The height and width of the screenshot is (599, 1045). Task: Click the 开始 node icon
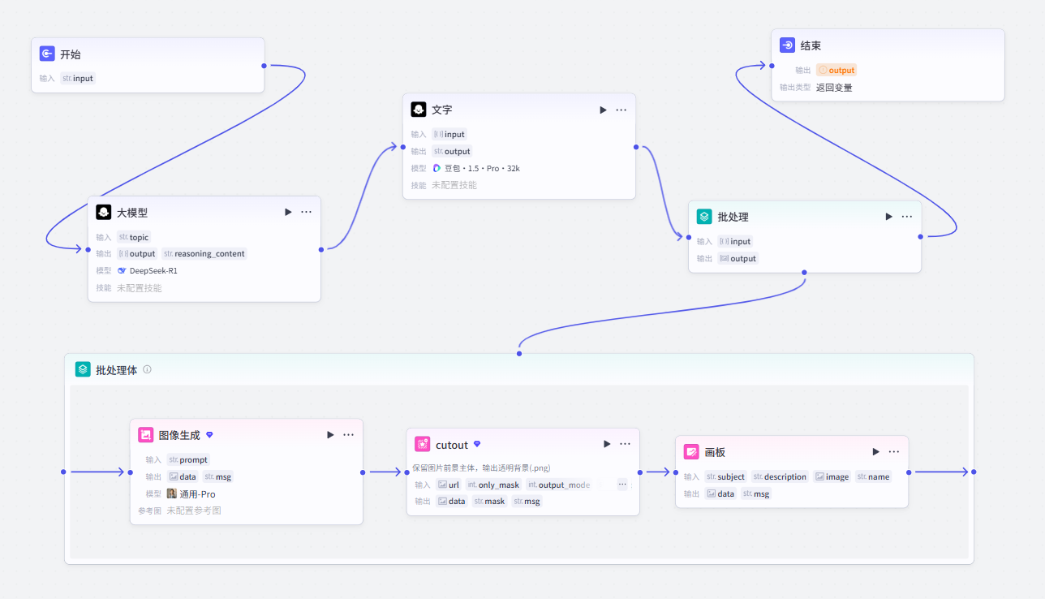(x=47, y=54)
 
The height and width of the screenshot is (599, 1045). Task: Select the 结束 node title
(x=811, y=45)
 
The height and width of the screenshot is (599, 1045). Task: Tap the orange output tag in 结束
(x=836, y=70)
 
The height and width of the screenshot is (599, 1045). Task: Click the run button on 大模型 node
(x=288, y=212)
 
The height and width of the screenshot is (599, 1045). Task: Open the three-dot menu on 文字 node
(x=621, y=110)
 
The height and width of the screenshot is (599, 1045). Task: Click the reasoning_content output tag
(x=204, y=253)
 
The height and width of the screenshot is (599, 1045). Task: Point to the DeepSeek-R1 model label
(x=148, y=271)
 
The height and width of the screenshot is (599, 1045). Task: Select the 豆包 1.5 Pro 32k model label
(x=476, y=168)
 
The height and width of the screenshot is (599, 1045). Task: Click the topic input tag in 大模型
(x=133, y=237)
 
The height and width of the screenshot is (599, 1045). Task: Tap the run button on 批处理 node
(x=888, y=217)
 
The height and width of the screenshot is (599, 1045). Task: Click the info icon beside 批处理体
(x=147, y=369)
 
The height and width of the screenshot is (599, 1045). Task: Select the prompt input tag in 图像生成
(x=188, y=459)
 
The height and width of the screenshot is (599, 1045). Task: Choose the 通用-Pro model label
(x=191, y=493)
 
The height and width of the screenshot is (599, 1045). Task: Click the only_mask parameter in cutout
(x=493, y=485)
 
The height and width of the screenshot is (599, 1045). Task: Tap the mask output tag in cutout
(x=489, y=501)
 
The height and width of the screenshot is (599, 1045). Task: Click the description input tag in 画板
(x=780, y=476)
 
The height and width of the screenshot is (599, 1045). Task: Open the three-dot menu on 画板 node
(x=894, y=451)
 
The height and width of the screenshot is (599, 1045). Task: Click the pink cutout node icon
(x=422, y=444)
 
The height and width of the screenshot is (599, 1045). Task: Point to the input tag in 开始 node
(x=78, y=78)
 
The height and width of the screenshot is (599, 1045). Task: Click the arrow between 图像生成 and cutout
(x=385, y=472)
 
